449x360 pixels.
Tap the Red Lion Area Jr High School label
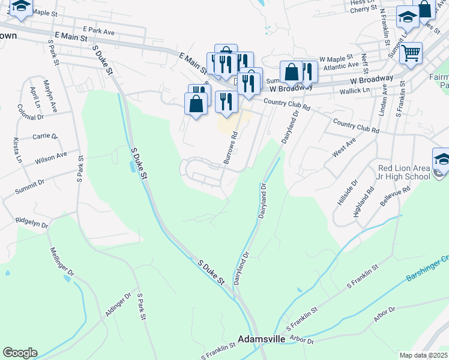tap(404, 173)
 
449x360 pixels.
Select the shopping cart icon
tap(411, 53)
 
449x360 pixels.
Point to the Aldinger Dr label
tap(119, 306)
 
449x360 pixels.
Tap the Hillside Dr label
tap(348, 192)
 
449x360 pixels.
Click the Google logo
tap(20, 353)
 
